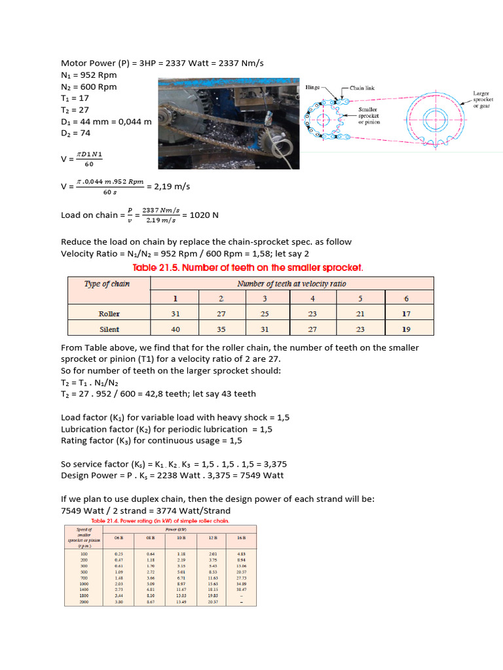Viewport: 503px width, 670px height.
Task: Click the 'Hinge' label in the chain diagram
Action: (313, 87)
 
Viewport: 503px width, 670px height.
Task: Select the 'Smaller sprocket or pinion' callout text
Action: (369, 115)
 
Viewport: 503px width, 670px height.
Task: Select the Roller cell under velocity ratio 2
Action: (221, 313)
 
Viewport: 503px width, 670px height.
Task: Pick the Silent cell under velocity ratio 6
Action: (406, 329)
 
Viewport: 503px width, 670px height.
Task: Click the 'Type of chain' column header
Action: (107, 283)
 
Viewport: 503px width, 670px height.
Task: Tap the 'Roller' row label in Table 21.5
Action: (109, 313)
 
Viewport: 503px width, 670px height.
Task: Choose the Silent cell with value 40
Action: (174, 329)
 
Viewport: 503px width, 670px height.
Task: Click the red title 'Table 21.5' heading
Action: (248, 268)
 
